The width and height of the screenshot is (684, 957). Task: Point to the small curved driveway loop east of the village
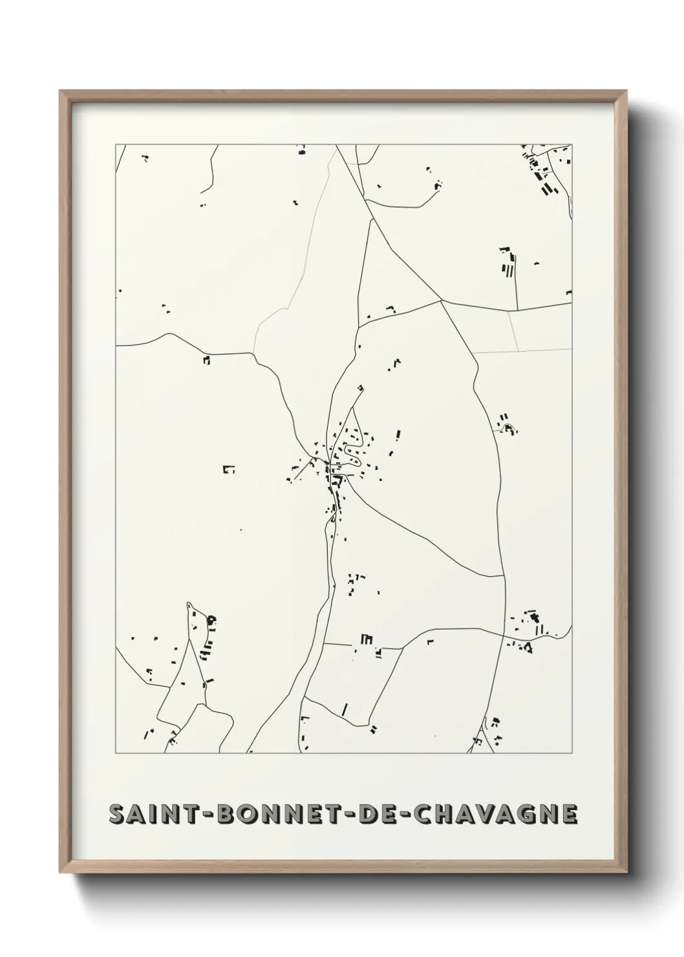click(508, 427)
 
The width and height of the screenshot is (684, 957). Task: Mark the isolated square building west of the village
click(228, 469)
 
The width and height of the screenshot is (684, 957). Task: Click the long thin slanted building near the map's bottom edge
click(345, 709)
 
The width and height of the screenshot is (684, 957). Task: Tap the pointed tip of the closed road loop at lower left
click(189, 604)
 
